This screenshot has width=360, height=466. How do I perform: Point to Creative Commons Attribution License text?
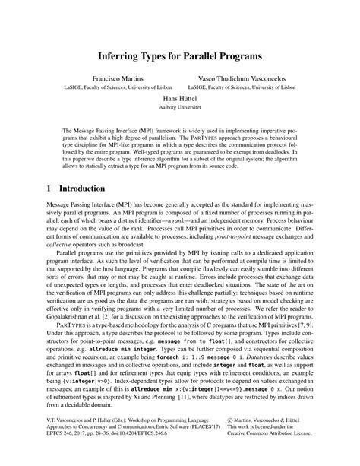pos(289,449)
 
